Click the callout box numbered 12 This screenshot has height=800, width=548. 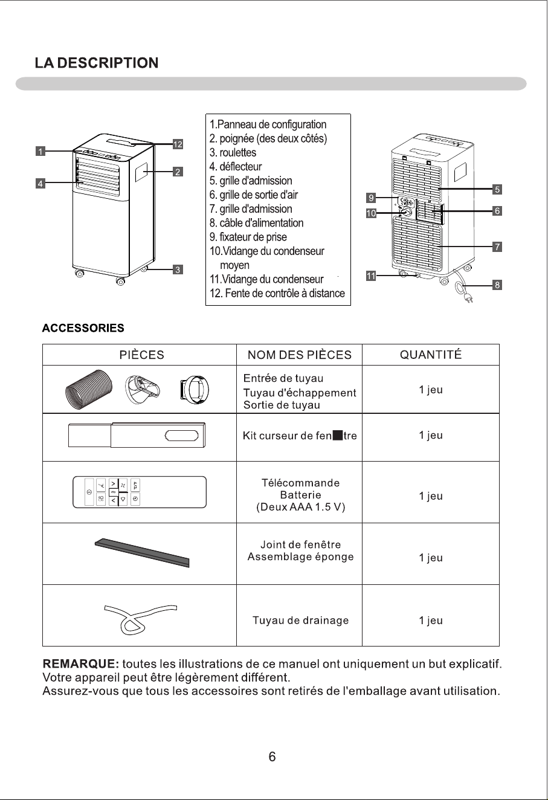(178, 144)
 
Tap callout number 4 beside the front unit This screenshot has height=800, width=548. (40, 184)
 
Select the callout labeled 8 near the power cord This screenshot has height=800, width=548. (497, 285)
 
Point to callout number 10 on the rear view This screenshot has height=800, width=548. (371, 213)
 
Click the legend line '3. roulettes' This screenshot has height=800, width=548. (233, 152)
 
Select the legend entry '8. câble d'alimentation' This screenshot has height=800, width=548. (256, 223)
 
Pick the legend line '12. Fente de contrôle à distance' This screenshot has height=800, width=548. (277, 293)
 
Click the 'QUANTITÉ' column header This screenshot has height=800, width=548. (431, 354)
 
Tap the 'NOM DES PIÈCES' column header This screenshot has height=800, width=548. (300, 355)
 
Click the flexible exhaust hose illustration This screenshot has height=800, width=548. (89, 389)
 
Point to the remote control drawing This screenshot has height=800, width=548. (140, 492)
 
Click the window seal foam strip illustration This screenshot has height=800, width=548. (142, 552)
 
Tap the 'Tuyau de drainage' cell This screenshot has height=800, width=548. (301, 621)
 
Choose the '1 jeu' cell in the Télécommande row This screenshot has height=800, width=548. (431, 495)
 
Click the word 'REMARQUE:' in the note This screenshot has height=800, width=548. (81, 664)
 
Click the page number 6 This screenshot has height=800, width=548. (272, 756)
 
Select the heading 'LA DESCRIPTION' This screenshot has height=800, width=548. (97, 63)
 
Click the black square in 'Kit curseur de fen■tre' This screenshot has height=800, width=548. (338, 436)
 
